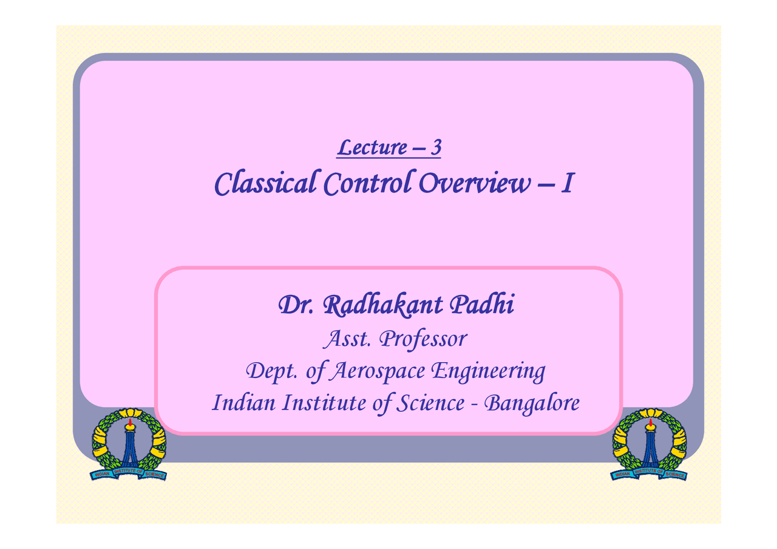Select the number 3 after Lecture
(x=435, y=147)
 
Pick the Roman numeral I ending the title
(x=566, y=183)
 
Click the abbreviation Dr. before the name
(x=296, y=306)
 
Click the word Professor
(x=422, y=340)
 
